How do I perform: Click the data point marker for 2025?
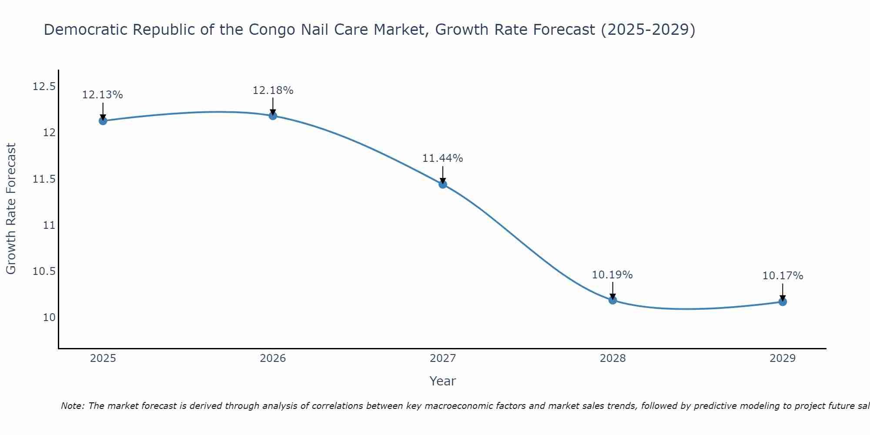103,121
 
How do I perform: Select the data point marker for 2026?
273,116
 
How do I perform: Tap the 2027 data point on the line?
443,184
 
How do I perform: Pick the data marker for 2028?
612,300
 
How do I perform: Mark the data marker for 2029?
783,302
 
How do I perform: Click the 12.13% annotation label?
103,95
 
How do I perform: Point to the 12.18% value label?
273,90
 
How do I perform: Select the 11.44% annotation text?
443,158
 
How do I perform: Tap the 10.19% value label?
612,275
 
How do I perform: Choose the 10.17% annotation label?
783,276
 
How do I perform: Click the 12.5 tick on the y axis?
44,87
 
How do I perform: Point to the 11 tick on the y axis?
49,225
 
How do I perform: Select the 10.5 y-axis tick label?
44,271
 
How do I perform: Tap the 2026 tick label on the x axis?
273,358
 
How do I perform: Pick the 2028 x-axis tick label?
612,358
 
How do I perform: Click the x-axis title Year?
443,381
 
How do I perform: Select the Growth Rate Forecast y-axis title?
11,209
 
